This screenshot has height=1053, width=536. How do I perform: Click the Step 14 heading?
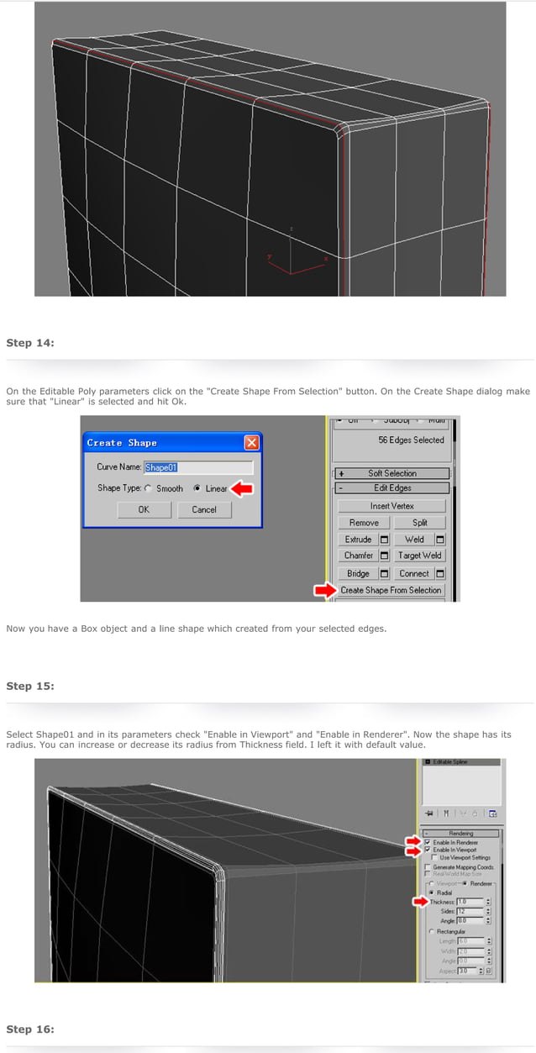(30, 343)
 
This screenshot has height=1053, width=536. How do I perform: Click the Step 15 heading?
(30, 686)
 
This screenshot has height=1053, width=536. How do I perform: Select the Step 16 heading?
(30, 1029)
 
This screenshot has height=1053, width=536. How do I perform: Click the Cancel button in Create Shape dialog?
(204, 509)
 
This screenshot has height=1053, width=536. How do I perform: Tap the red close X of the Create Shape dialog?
(251, 443)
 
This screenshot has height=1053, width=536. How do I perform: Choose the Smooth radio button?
(149, 488)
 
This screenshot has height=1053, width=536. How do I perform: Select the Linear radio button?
(197, 488)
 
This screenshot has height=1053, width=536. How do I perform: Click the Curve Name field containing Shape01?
(198, 467)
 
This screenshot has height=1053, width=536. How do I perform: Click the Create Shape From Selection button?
(391, 590)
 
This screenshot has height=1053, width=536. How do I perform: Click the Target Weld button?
(420, 555)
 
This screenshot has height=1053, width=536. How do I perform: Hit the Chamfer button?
(359, 555)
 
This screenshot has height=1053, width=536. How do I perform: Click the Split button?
(420, 523)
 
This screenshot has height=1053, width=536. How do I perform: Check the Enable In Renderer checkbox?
(428, 841)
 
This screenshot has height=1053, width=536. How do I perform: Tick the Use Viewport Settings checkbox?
(434, 857)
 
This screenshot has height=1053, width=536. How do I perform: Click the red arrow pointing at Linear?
(241, 488)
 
